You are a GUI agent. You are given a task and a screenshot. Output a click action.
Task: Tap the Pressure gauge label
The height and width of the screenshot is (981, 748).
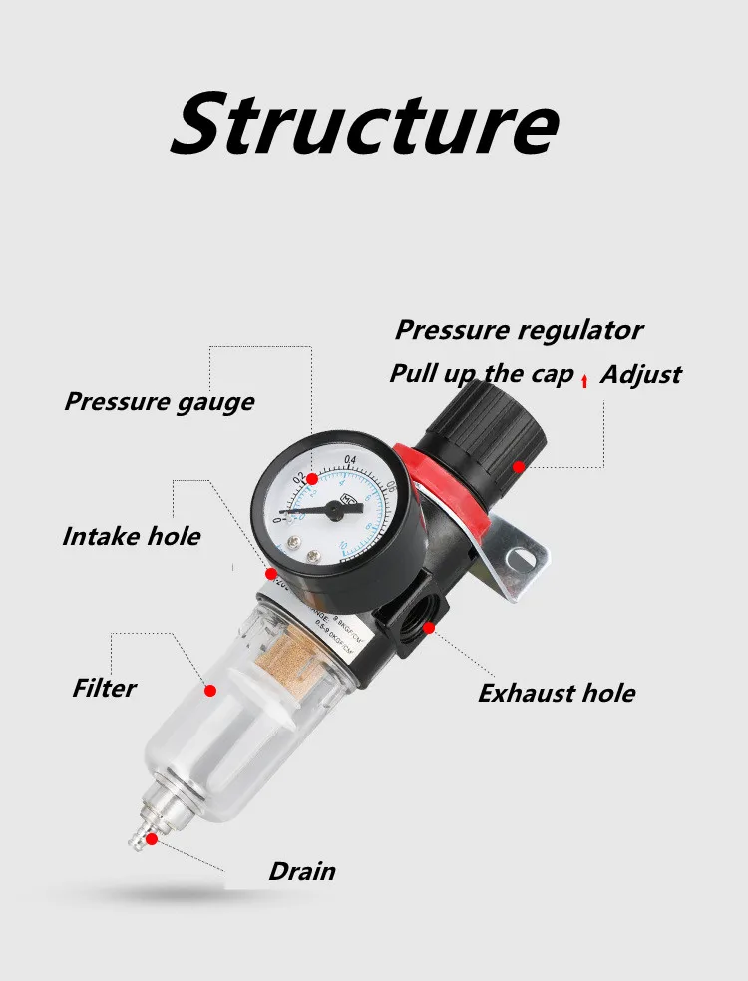[159, 402]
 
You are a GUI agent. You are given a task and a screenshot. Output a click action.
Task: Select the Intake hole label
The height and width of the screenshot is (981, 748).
[131, 536]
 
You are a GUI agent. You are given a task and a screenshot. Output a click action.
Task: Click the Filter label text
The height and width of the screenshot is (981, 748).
[104, 688]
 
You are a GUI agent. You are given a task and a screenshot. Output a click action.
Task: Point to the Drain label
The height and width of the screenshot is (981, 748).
[301, 871]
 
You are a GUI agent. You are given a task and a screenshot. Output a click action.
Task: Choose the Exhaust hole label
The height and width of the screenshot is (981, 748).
[556, 693]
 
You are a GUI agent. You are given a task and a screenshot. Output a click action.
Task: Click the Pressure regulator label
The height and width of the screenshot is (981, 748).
[519, 330]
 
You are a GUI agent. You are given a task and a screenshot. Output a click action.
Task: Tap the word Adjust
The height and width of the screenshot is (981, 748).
[640, 374]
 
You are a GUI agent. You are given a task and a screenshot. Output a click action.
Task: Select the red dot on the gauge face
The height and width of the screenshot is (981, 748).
[310, 481]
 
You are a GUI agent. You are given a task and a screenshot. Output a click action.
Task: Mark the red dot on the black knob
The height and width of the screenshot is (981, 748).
[519, 466]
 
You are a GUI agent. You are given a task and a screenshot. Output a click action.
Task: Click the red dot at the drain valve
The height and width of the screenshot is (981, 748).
[151, 839]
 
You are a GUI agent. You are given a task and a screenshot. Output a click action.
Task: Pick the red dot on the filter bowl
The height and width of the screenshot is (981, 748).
[210, 690]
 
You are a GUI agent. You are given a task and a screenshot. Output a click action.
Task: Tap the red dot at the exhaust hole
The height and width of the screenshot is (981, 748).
[429, 628]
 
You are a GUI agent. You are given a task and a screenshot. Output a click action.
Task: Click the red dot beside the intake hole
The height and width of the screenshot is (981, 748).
[270, 575]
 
